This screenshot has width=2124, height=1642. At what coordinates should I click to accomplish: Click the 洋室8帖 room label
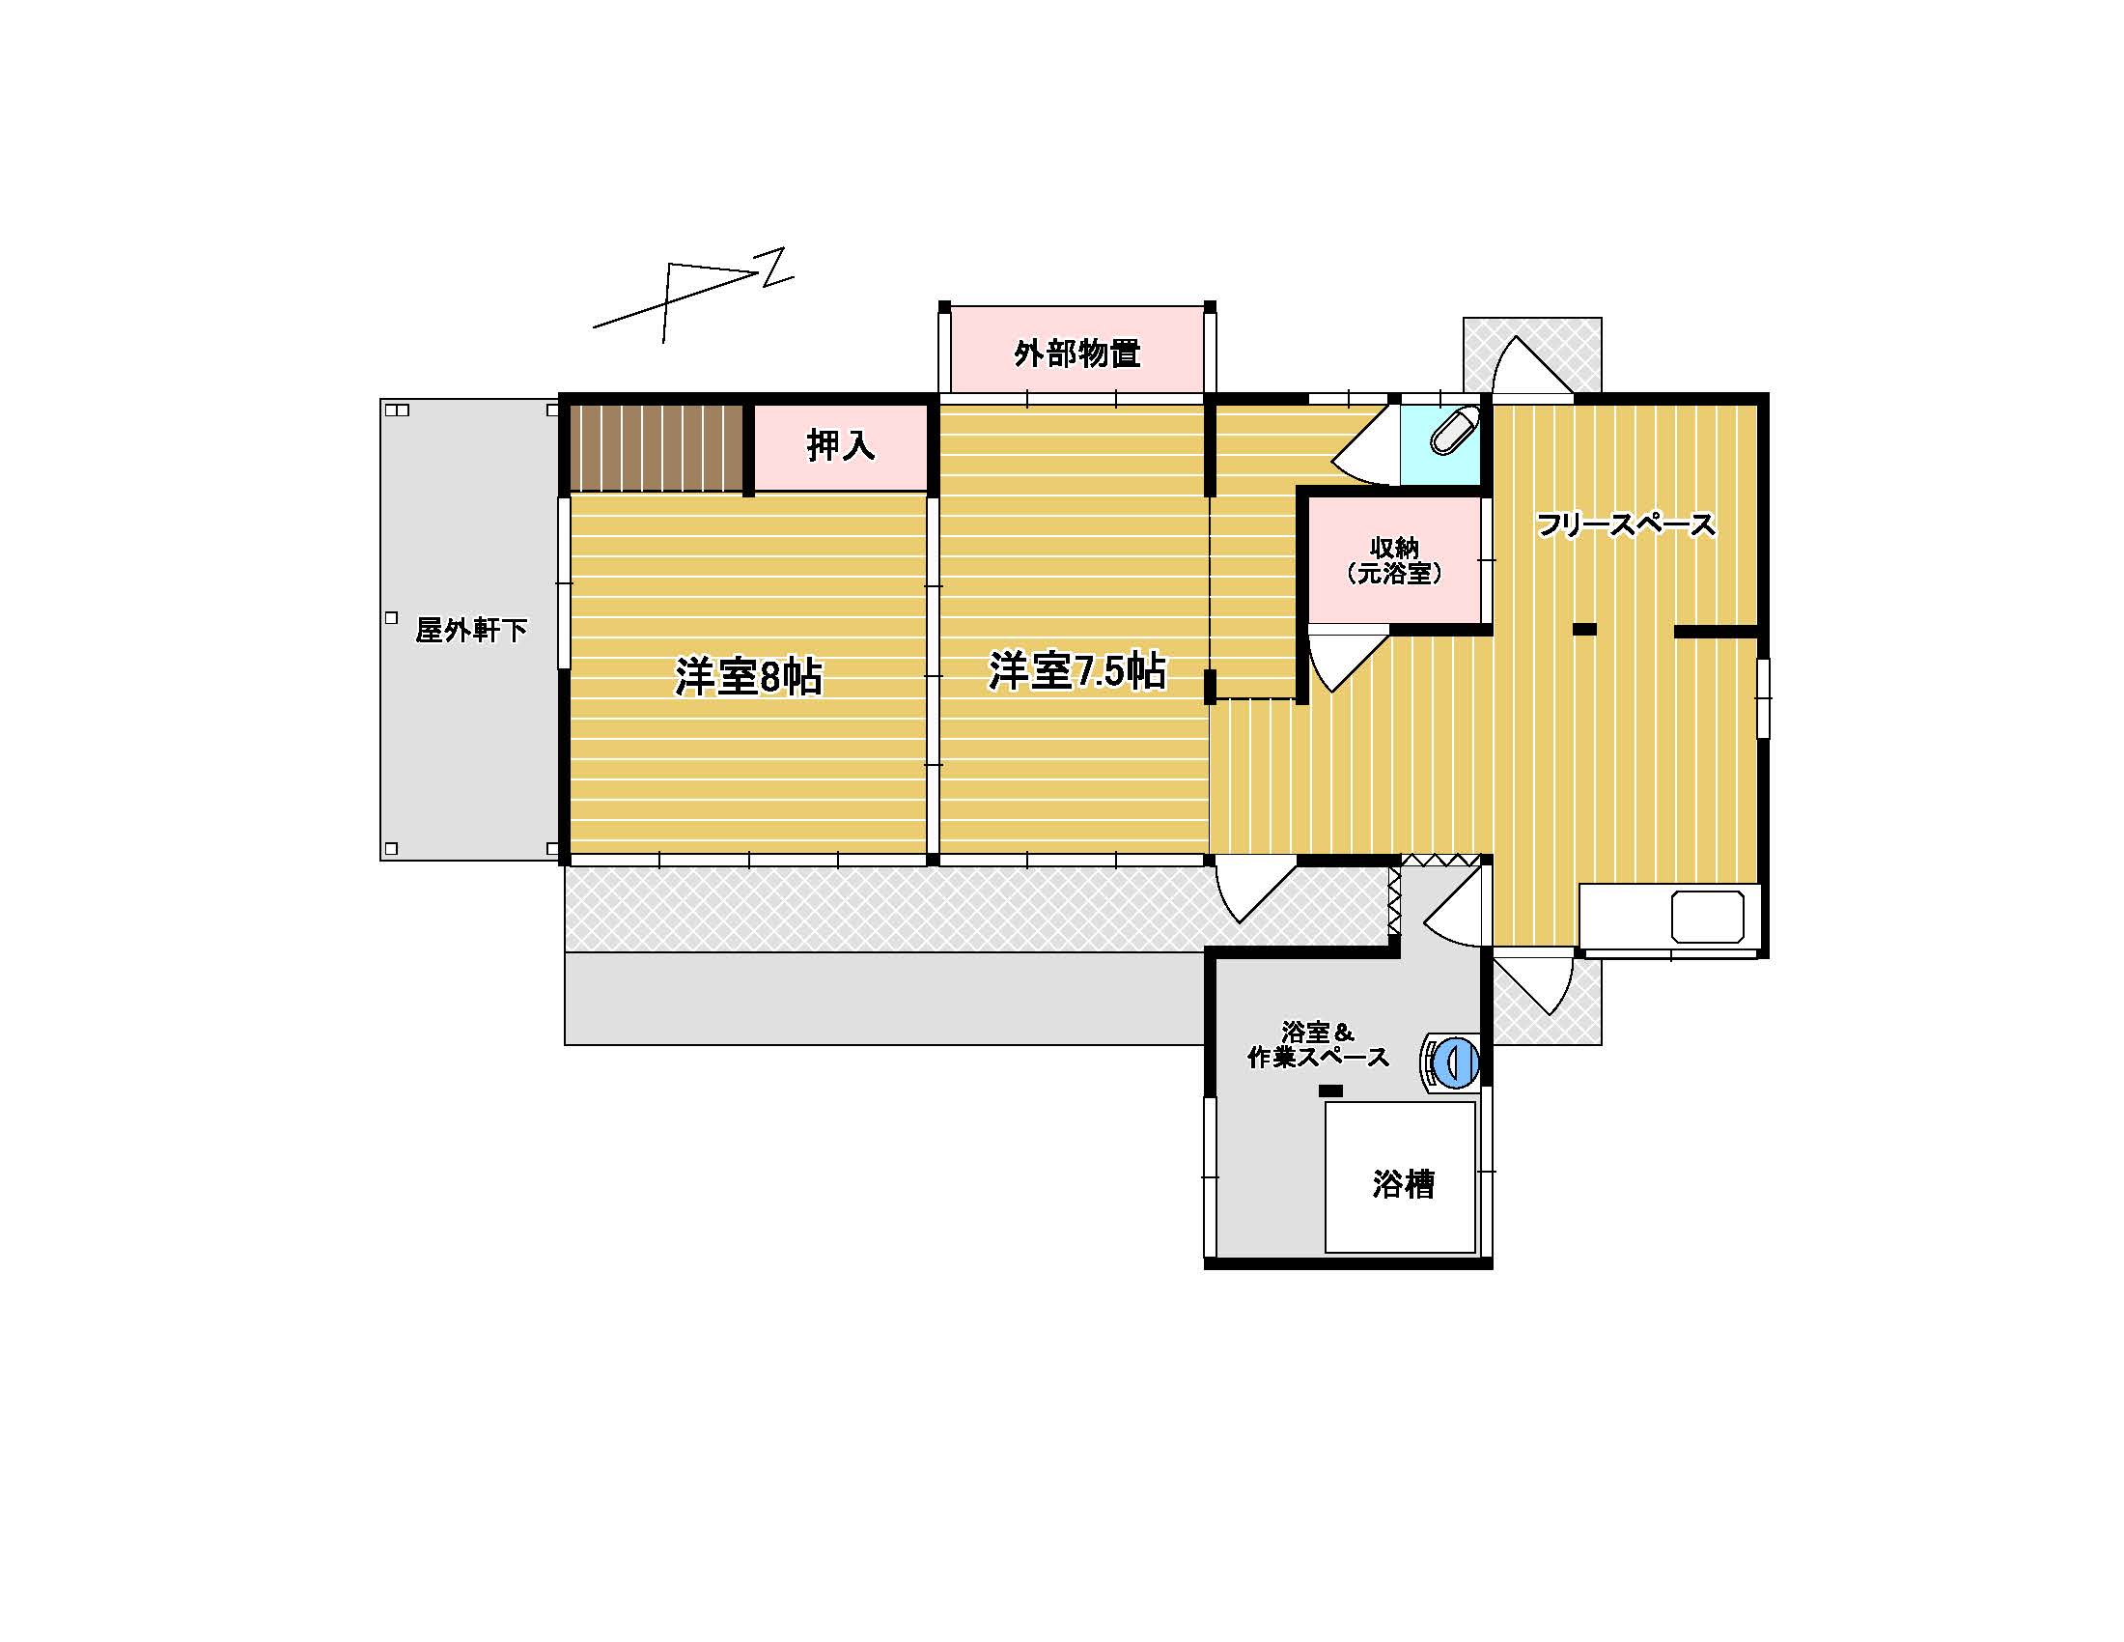coord(748,677)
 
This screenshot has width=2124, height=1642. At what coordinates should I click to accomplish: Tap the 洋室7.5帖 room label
coord(1076,671)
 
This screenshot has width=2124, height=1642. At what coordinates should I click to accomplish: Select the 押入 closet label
coord(840,446)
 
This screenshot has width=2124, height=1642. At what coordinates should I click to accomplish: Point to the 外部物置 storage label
coord(1076,354)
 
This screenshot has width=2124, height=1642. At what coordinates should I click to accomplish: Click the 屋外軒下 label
coord(471,631)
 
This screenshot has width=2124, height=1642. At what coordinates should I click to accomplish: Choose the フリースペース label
coord(1625,525)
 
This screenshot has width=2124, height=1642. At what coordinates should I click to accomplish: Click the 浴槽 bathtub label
coord(1404,1184)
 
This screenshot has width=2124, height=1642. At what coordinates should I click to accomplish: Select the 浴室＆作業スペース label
coord(1318,1045)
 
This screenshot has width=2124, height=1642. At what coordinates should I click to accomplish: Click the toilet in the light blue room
coord(1453,431)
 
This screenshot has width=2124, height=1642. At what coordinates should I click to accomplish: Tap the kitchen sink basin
coord(1708,917)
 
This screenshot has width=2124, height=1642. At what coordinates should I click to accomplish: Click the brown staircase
coord(657,447)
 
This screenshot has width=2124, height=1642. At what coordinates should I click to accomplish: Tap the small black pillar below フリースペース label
coord(1584,630)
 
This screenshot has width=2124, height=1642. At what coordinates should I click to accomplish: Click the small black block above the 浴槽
coord(1330,1091)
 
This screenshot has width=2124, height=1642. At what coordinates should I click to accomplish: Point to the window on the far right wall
coord(1763,697)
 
